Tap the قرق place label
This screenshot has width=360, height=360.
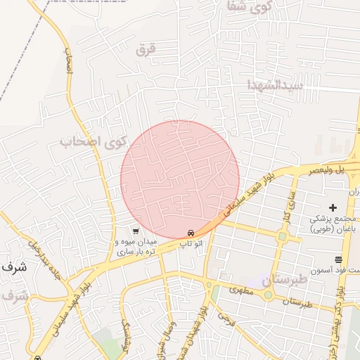pos(145,49)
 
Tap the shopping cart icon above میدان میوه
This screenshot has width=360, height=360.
pos(135,231)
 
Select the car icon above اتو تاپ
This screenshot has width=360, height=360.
pos(191,233)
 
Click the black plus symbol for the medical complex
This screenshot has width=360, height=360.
pos(333,207)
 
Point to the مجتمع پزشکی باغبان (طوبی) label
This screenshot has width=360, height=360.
pos(335,224)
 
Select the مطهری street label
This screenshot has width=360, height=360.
pos(240,289)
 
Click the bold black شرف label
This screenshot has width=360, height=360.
pos(13,268)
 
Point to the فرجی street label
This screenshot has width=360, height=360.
pos(225,320)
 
